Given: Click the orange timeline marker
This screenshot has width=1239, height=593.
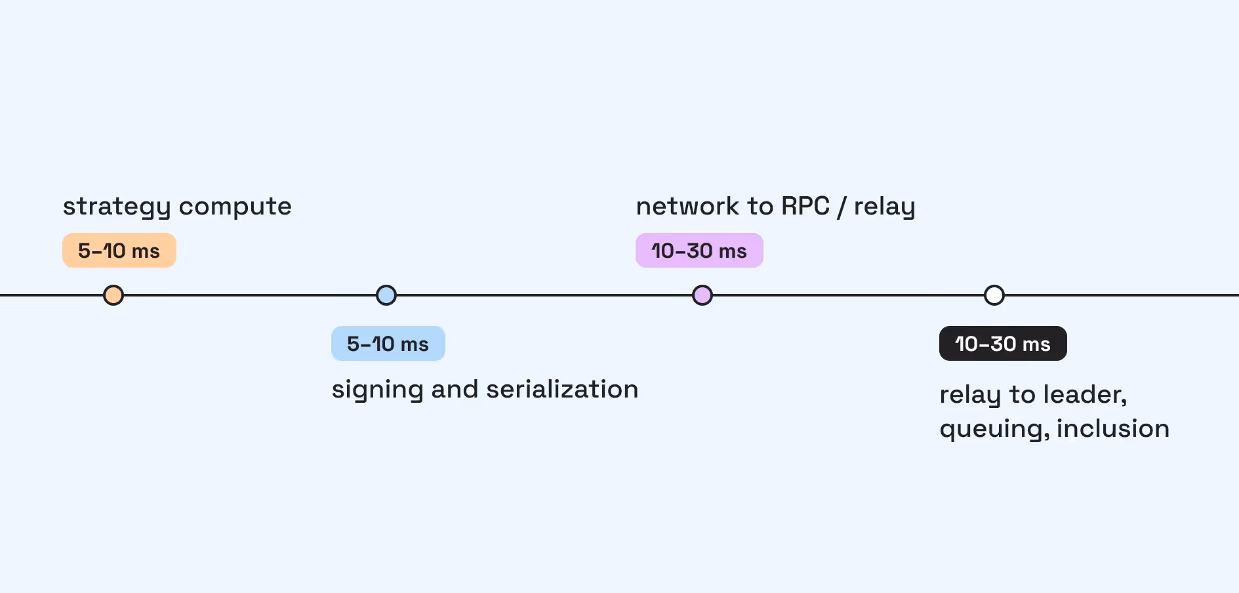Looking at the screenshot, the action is [x=113, y=295].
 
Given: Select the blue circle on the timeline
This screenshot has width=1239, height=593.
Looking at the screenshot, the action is [x=386, y=295].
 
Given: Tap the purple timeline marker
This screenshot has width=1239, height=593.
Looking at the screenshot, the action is [x=702, y=295].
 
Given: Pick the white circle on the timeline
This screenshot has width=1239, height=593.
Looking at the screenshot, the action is [x=994, y=295].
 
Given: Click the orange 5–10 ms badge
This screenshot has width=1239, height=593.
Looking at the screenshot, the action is [x=119, y=251].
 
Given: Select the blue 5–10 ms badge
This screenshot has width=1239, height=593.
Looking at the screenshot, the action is [x=388, y=344].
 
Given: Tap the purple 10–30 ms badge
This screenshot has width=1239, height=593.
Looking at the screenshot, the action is [x=699, y=251].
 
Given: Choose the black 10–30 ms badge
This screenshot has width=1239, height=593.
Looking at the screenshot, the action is [x=1003, y=344].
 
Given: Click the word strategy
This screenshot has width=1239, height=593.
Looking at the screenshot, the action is [x=117, y=208].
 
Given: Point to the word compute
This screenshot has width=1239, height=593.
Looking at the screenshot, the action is [x=235, y=208].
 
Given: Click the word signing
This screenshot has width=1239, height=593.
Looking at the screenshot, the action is [x=378, y=391].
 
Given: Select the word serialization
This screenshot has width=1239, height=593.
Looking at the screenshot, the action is [x=562, y=390].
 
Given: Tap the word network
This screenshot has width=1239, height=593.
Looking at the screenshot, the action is [x=688, y=207].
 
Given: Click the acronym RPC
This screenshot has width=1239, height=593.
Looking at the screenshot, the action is [x=805, y=207].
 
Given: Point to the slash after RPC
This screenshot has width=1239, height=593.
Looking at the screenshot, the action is [x=842, y=207].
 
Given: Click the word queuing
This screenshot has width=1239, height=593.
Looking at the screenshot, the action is [x=994, y=430].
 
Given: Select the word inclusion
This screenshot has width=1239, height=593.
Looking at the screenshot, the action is [x=1113, y=429].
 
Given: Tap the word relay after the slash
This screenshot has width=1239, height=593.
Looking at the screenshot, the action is [x=884, y=208].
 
